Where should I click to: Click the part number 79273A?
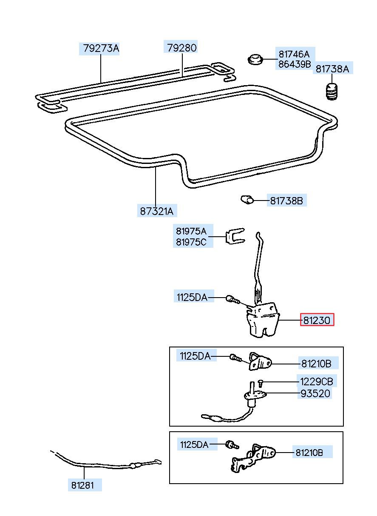(x=101, y=49)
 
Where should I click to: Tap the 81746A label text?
(x=294, y=54)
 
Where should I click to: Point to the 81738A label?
(x=332, y=69)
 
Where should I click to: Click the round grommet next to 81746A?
(x=255, y=60)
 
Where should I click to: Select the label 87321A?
(x=157, y=211)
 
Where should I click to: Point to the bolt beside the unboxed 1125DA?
(x=233, y=299)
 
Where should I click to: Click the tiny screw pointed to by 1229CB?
(x=261, y=383)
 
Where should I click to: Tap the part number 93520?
(x=315, y=394)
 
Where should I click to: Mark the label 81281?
(x=82, y=485)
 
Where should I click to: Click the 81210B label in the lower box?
(x=309, y=453)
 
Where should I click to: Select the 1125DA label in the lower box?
(x=194, y=444)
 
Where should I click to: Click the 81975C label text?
(x=191, y=242)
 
